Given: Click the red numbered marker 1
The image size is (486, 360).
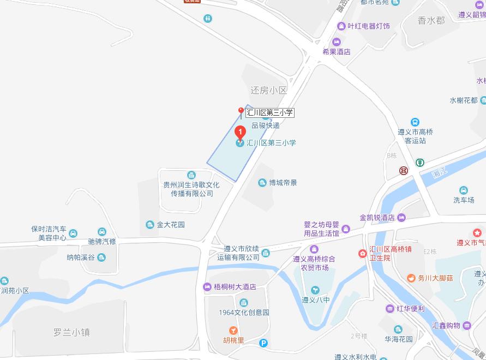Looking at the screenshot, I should pos(239,131).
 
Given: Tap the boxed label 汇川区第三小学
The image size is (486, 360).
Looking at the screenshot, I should pos(269,113).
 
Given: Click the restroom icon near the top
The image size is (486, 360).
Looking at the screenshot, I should pos(208,18).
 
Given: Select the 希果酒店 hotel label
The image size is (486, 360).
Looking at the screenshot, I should pos(336,52).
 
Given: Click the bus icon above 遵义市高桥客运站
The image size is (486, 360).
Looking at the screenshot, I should pos(415,122).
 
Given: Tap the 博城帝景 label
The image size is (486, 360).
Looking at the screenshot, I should pos(283,183).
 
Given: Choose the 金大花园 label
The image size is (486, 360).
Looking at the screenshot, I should pos(171,225).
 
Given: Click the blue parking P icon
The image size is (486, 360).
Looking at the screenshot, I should pos(263,343).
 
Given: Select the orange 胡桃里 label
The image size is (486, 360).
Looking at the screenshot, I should pos(233,340).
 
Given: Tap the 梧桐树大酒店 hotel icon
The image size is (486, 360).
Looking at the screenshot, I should pos(207,287).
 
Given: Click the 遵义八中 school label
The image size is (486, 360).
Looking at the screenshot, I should pos(315,299).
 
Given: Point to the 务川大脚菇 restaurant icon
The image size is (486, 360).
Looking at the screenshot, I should pos(410,278).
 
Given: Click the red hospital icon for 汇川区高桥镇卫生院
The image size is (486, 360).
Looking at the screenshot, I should pos(362,253).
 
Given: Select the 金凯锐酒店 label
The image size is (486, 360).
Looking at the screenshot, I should pos(377,218).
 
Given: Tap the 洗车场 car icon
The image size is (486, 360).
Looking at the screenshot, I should pos(463,190).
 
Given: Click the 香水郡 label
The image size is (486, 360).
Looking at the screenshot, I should pos(431,21).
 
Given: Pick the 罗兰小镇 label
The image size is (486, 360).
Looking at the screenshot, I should pos(71,332).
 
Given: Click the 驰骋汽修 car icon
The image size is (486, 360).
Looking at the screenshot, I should pos(102,232).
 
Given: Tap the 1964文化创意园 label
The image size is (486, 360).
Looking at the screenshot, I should pos(244,313).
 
